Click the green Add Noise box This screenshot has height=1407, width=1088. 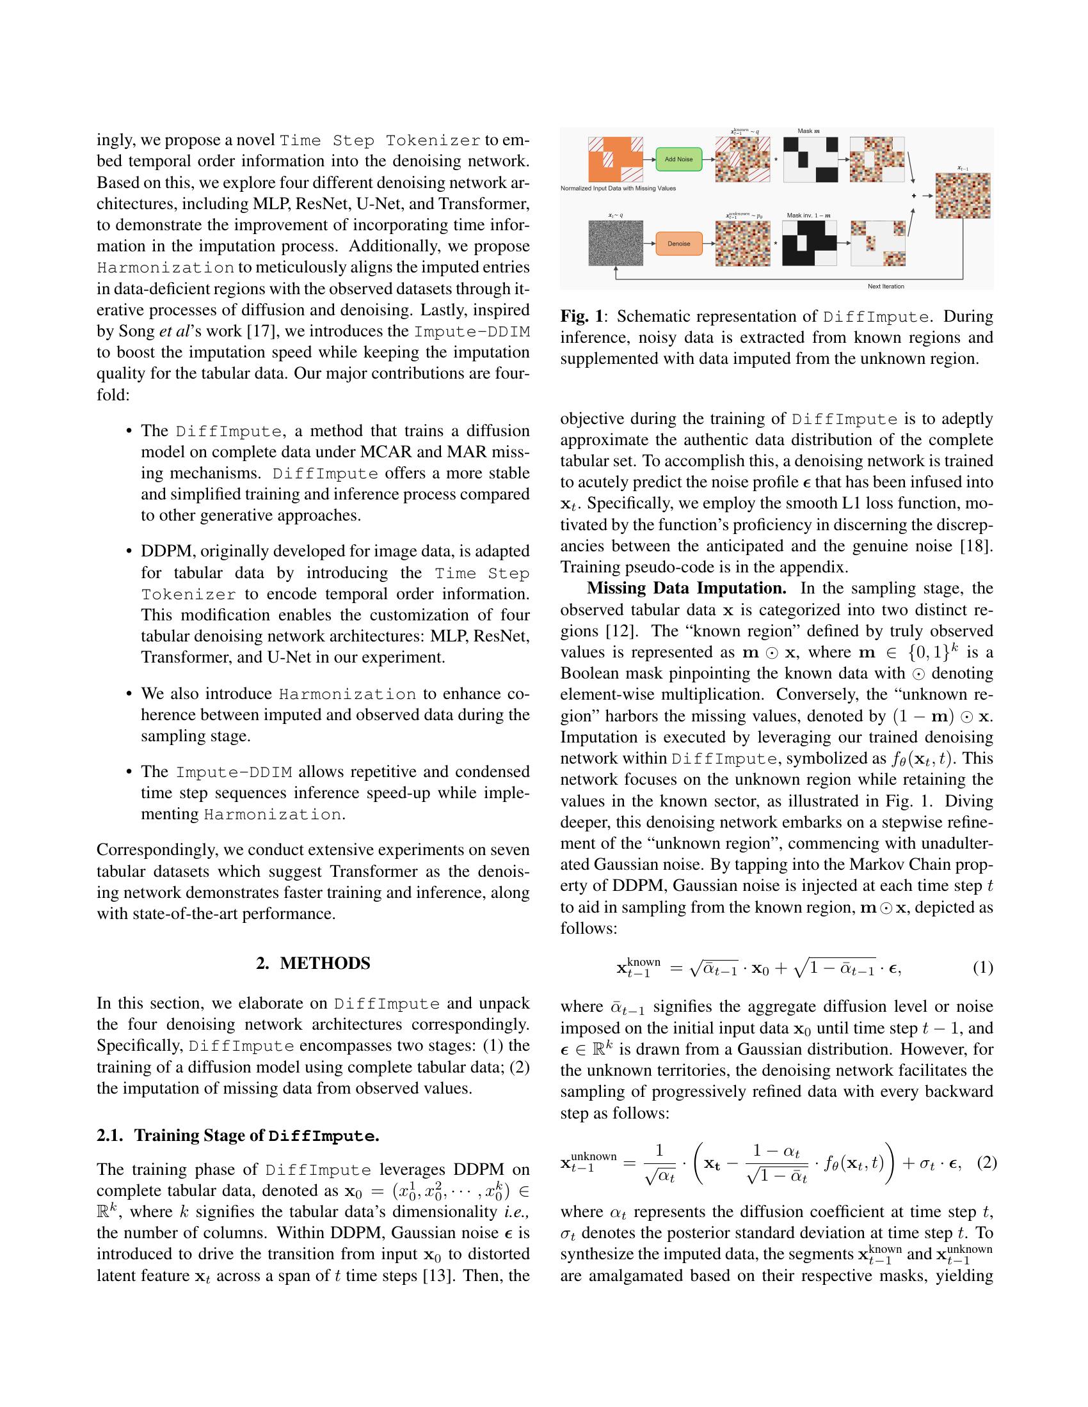[x=678, y=159]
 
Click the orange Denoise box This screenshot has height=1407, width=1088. [x=678, y=244]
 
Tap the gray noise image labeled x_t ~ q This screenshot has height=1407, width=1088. [x=616, y=243]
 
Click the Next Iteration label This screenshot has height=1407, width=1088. [x=885, y=286]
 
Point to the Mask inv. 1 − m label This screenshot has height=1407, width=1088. [x=808, y=216]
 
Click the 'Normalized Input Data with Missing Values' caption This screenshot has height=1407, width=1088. [x=618, y=189]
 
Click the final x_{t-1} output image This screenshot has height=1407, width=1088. [x=963, y=196]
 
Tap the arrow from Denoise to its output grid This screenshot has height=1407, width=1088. [x=708, y=244]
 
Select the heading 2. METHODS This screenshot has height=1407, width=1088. [x=313, y=963]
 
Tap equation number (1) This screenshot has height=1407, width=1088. [x=982, y=968]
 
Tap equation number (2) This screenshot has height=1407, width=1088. [x=987, y=1163]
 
